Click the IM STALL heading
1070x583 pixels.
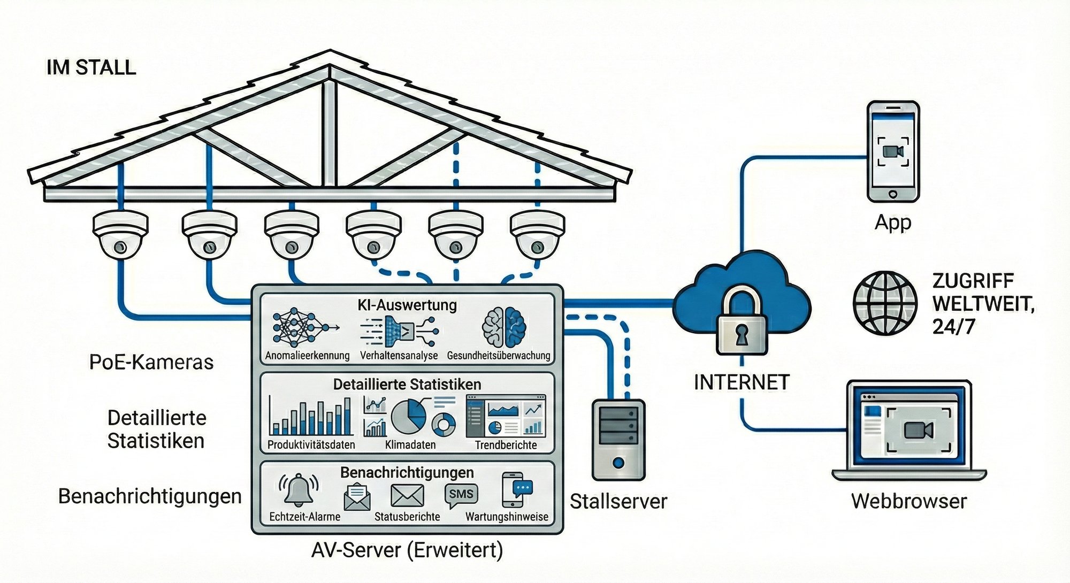(91, 67)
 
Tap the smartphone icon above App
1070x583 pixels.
(892, 151)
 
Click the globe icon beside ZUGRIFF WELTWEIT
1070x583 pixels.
(884, 303)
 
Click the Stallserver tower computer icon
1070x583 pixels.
(618, 440)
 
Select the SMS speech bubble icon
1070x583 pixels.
(461, 495)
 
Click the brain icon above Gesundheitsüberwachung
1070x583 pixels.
(504, 327)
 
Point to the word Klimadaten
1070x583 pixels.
(410, 444)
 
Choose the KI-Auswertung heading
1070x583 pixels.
(407, 305)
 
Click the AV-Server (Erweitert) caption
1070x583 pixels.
(407, 550)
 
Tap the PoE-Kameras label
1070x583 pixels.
(151, 362)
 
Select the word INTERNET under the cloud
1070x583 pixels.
(742, 382)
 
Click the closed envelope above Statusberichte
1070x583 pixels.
(407, 495)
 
